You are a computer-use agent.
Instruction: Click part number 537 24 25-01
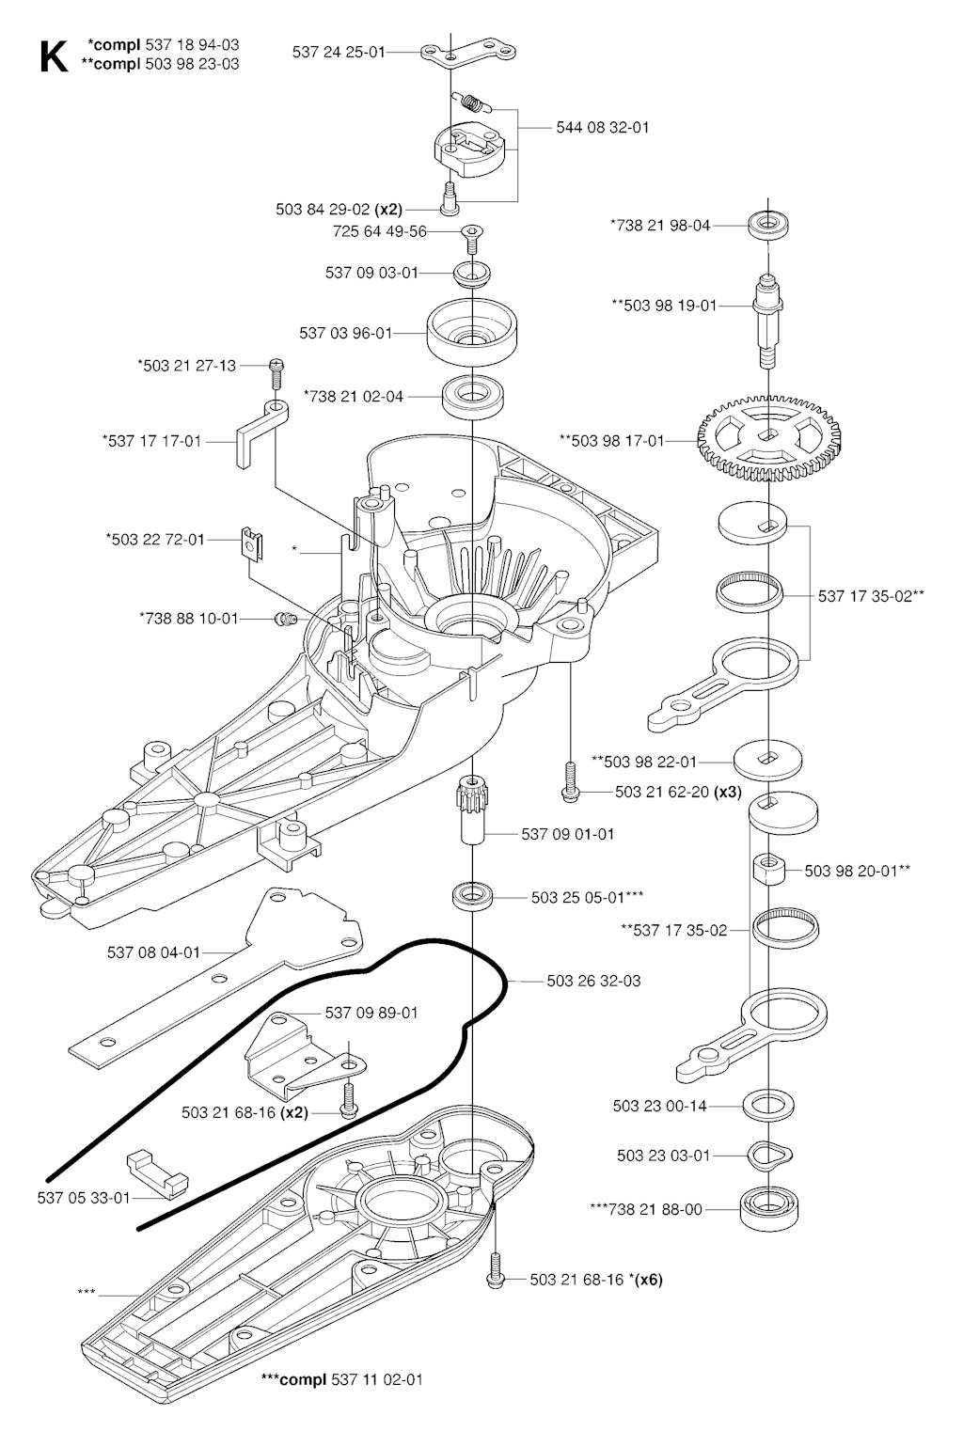(339, 53)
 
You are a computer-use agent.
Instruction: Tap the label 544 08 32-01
(603, 127)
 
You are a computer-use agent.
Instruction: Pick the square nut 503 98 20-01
(769, 869)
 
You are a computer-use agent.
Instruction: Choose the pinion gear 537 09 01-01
(469, 810)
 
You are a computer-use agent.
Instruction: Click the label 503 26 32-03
(593, 981)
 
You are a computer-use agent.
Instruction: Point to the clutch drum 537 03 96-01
(474, 331)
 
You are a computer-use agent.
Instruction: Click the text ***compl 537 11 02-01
(342, 1380)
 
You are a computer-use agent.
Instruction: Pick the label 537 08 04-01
(154, 952)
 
